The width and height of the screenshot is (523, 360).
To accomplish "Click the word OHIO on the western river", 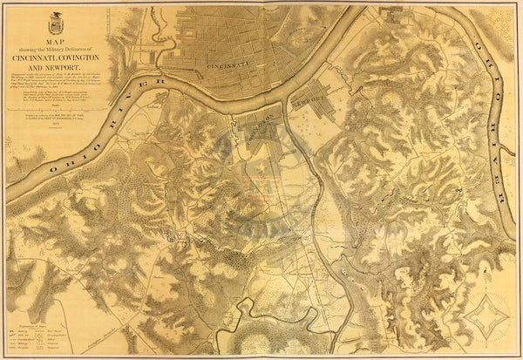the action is (72, 155).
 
